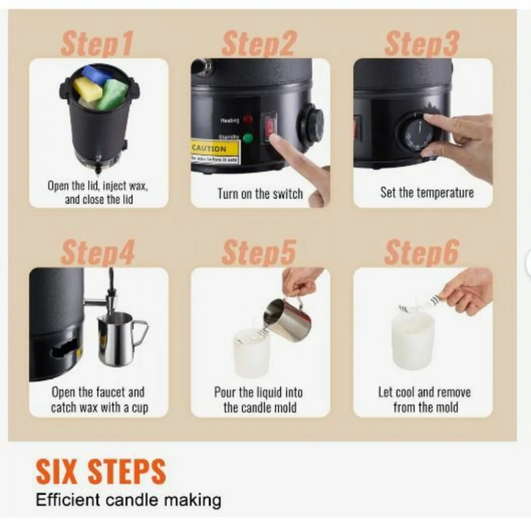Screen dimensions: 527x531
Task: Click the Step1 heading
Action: [x=96, y=44]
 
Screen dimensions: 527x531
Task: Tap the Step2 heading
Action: [x=258, y=44]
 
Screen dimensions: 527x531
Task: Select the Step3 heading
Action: [x=421, y=44]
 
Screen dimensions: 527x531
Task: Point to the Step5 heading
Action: [x=258, y=252]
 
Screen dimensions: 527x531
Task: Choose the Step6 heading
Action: [x=421, y=252]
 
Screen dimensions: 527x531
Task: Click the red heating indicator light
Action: [x=248, y=119]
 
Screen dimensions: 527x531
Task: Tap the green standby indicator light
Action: [x=248, y=138]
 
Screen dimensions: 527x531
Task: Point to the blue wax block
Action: [x=97, y=74]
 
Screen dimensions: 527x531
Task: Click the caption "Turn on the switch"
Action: [x=260, y=194]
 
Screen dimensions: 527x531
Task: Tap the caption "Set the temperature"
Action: [x=427, y=192]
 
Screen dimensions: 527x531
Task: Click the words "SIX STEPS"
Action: [x=101, y=472]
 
